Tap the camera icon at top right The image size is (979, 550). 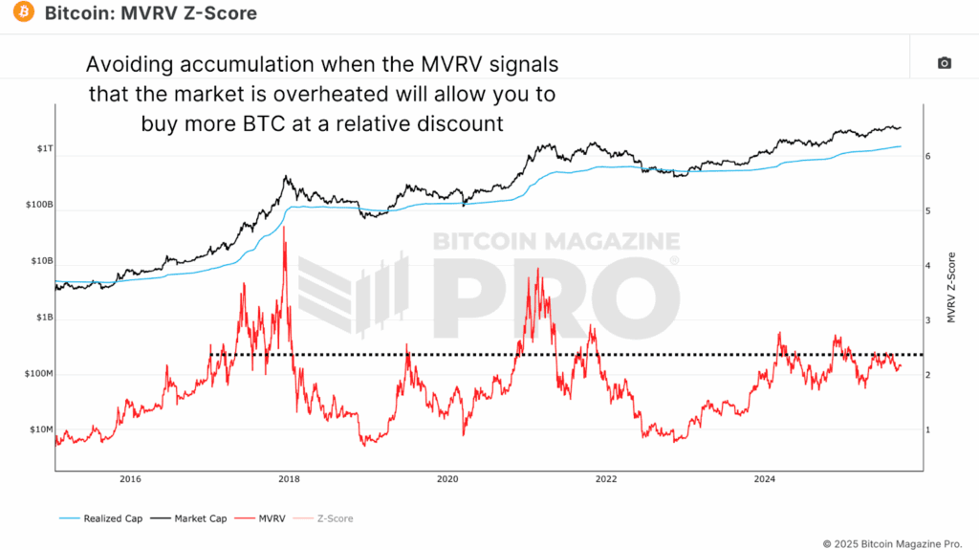pos(944,63)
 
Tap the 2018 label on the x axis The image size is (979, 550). pos(289,478)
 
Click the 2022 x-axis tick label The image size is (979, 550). pos(605,478)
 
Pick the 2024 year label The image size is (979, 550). pos(764,478)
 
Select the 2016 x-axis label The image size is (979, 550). pos(131,478)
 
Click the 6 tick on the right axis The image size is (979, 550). pos(928,156)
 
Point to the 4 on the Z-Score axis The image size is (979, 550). pos(928,266)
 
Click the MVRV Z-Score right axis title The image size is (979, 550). pos(951,287)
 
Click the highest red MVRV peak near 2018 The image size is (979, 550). pos(284,229)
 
